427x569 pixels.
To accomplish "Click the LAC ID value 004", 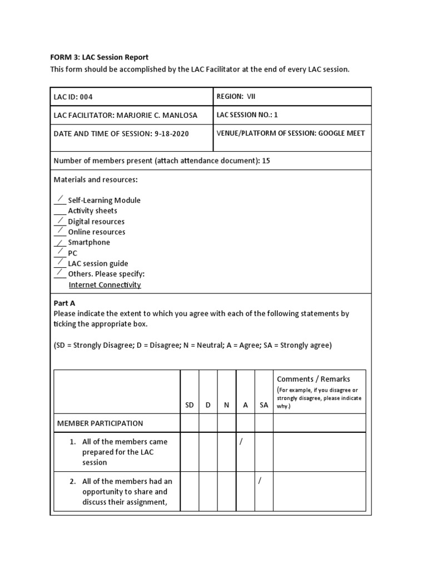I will pyautogui.click(x=86, y=97).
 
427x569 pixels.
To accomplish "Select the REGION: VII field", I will pyautogui.click(x=236, y=96).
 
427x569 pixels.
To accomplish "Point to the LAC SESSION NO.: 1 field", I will pyautogui.click(x=247, y=114).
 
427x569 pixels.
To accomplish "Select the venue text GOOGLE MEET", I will pyautogui.click(x=341, y=133).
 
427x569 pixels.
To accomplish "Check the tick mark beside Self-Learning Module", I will pyautogui.click(x=59, y=199).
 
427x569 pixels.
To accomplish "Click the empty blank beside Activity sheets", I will pyautogui.click(x=59, y=212).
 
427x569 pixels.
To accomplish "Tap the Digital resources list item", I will pyautogui.click(x=96, y=222).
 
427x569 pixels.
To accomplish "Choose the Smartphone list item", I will pyautogui.click(x=89, y=243).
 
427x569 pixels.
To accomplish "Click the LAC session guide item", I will pyautogui.click(x=98, y=264).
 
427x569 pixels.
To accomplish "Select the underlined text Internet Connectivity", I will pyautogui.click(x=105, y=285).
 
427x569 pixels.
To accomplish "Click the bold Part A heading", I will pyautogui.click(x=64, y=303).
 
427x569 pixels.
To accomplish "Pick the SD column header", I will pyautogui.click(x=190, y=405).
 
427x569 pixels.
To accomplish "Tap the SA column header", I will pyautogui.click(x=264, y=405).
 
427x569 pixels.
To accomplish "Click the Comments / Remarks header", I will pyautogui.click(x=314, y=379).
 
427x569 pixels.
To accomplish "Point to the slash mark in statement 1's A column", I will pyautogui.click(x=241, y=442).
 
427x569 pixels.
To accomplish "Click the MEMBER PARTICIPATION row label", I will pyautogui.click(x=100, y=423).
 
